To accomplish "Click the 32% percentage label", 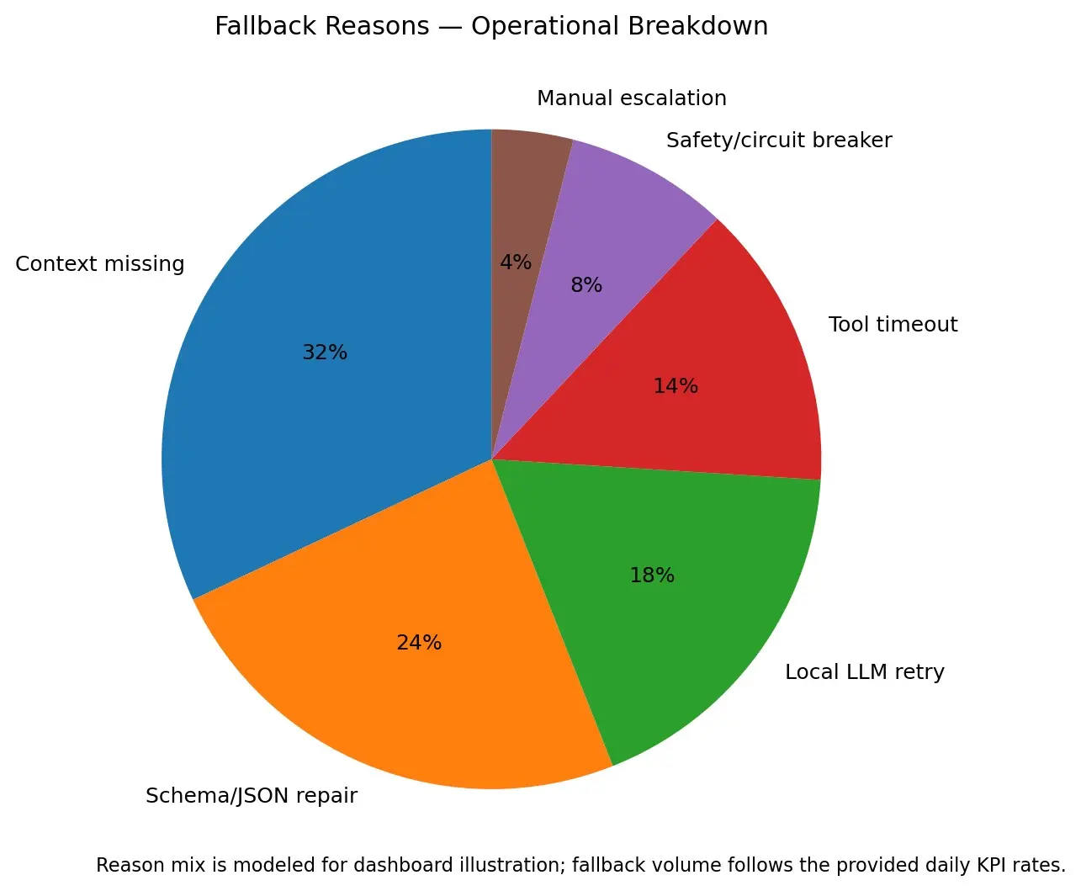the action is point(325,352).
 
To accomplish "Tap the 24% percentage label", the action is point(419,643).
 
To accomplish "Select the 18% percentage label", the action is point(652,575).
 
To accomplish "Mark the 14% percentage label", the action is point(676,385).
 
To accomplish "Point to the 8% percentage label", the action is point(586,284).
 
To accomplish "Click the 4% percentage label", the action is point(516,262).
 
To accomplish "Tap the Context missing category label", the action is point(100,264).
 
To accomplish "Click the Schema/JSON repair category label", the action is point(252,795).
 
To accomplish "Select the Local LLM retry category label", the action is point(865,671).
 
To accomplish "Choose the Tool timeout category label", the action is point(893,324).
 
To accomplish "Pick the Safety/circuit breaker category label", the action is point(779,140).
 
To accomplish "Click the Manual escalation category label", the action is point(632,98).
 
